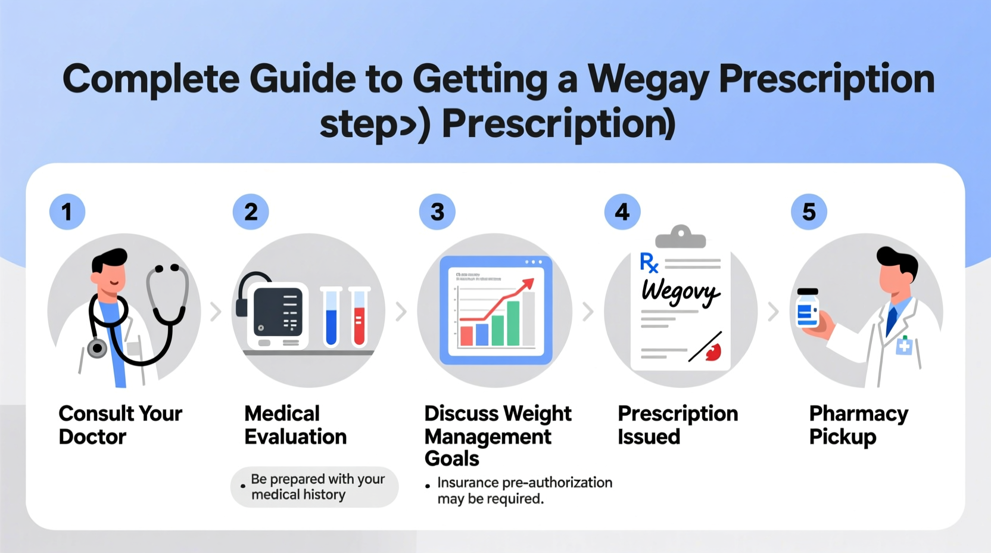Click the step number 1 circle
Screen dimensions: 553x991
[x=67, y=212]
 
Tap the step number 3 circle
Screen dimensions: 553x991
[x=437, y=212]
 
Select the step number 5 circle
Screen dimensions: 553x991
[x=809, y=212]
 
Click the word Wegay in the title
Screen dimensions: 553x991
[x=649, y=79]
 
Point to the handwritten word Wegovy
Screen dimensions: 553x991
[x=680, y=292]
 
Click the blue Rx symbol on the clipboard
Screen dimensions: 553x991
[x=649, y=263]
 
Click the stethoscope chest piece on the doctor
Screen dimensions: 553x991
[x=97, y=348]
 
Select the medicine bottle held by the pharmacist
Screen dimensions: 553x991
[x=808, y=308]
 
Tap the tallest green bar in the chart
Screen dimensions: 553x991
[x=513, y=323]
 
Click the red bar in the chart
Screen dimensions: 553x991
[x=466, y=335]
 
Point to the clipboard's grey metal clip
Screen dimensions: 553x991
[x=680, y=237]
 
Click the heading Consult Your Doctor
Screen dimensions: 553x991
[x=120, y=425]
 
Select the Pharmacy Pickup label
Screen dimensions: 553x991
[x=858, y=425]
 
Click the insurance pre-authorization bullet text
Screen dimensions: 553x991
[x=524, y=490]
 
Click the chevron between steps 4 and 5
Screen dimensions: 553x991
[x=773, y=311]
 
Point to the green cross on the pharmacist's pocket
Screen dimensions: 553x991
[x=904, y=346]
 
